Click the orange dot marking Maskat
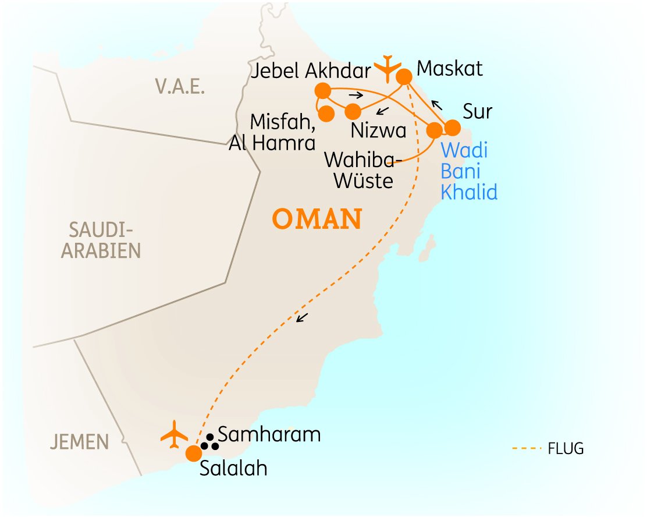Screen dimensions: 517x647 pyautogui.click(x=404, y=76)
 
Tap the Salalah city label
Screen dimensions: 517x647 pyautogui.click(x=233, y=469)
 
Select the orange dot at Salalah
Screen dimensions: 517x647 pyautogui.click(x=193, y=453)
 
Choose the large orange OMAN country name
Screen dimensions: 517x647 pyautogui.click(x=317, y=220)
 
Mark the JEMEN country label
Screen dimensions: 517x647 pyautogui.click(x=79, y=442)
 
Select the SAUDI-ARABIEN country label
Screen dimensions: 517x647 pyautogui.click(x=102, y=240)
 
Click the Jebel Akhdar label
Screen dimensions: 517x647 pyautogui.click(x=312, y=71)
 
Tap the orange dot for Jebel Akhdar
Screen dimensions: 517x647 pyautogui.click(x=322, y=91)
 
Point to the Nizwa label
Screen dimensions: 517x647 pyautogui.click(x=378, y=130)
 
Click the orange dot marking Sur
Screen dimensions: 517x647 pyautogui.click(x=452, y=128)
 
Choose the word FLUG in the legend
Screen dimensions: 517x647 pyautogui.click(x=565, y=448)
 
